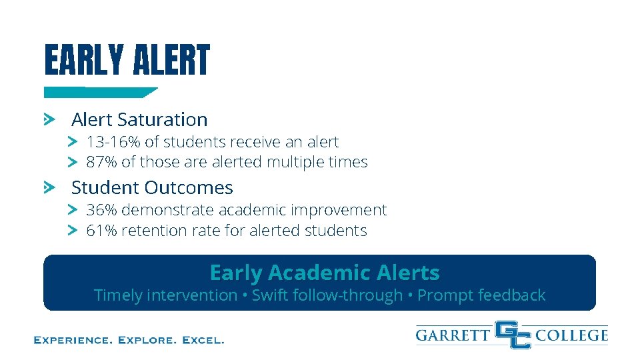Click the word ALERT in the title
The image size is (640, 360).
pos(171,61)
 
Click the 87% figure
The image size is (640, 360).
pos(101,162)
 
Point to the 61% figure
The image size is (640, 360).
pos(101,231)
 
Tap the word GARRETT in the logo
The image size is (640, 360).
pos(453,335)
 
